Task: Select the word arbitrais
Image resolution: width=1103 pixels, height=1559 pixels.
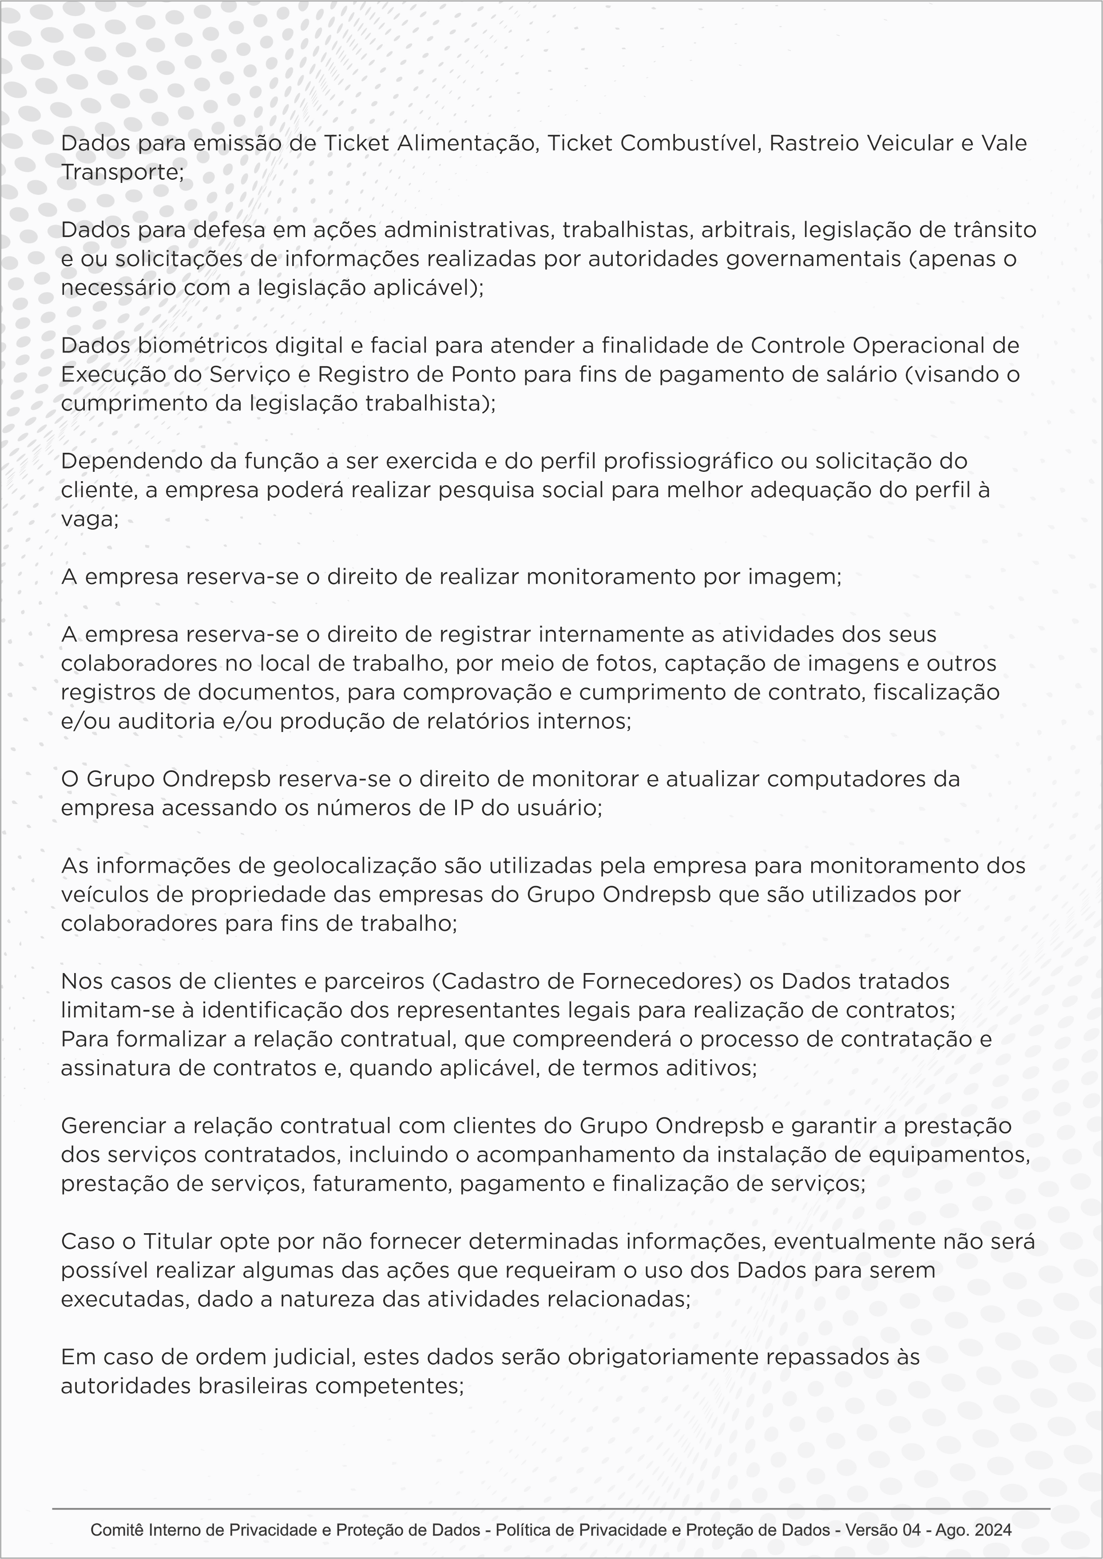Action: (x=748, y=230)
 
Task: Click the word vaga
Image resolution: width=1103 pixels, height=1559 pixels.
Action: (x=88, y=520)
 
